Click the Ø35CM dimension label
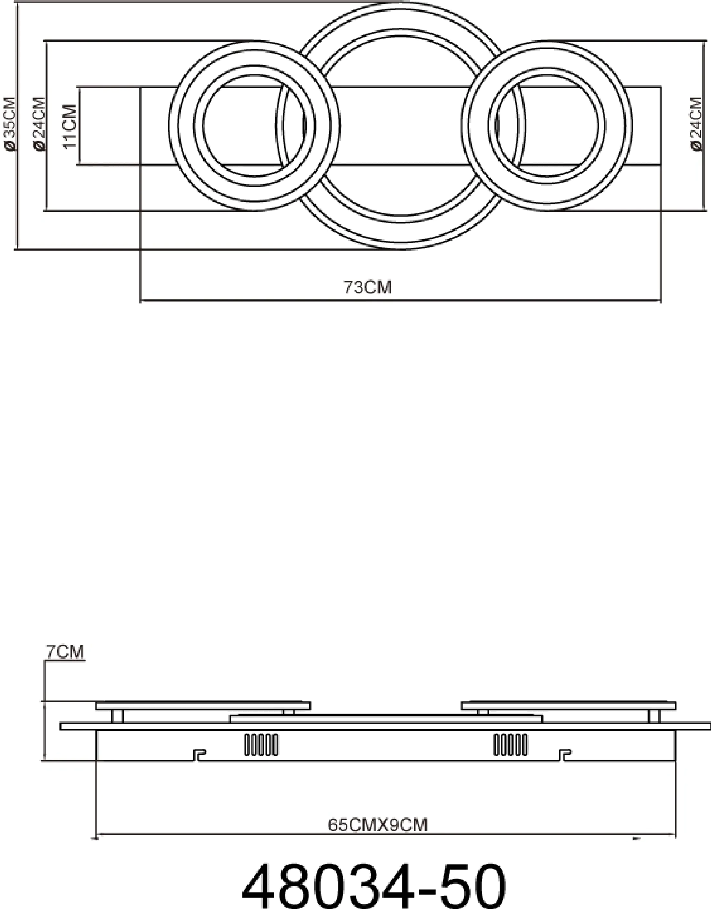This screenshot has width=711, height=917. click(10, 124)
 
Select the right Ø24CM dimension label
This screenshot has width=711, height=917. click(695, 124)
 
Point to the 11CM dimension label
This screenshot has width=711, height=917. click(70, 126)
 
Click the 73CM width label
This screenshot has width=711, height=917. click(368, 287)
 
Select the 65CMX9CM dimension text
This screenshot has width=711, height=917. click(377, 825)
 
